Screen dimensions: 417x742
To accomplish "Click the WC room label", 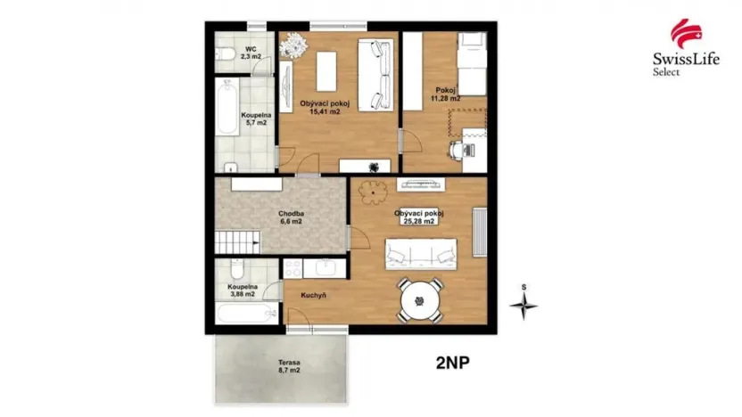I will click(x=251, y=53).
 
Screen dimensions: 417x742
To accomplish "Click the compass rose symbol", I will click(x=524, y=304).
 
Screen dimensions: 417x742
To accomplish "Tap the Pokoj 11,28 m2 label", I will click(x=446, y=94).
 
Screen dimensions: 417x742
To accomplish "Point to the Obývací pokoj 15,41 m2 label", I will click(x=325, y=108).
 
